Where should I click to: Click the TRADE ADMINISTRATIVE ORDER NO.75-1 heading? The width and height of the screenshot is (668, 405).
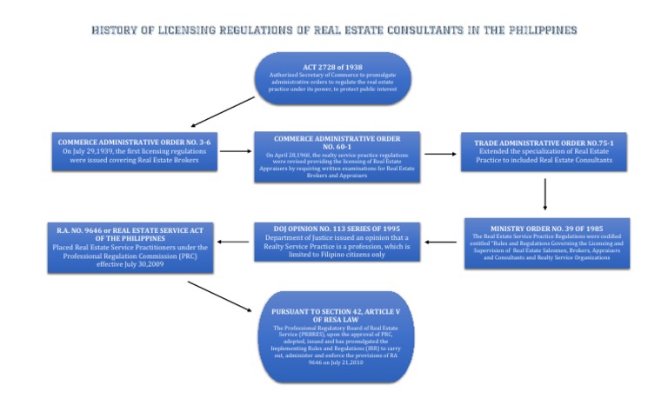coord(544,142)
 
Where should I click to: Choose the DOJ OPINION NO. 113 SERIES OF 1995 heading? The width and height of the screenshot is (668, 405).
coord(336,229)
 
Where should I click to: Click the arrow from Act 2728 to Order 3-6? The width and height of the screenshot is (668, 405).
coord(223,112)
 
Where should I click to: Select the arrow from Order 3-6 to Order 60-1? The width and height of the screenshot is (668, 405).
coord(234,151)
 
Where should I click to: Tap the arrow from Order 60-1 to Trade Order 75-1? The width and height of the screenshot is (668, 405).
coord(440,154)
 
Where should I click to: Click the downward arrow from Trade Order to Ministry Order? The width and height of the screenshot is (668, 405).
coord(544,194)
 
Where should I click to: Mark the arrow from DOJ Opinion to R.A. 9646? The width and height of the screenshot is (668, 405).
coord(232,242)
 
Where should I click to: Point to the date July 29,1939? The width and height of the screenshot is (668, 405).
coord(95,151)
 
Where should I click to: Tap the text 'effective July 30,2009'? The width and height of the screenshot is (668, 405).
coord(130,263)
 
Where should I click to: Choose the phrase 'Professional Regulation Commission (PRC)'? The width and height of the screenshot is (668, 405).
coord(130,255)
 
